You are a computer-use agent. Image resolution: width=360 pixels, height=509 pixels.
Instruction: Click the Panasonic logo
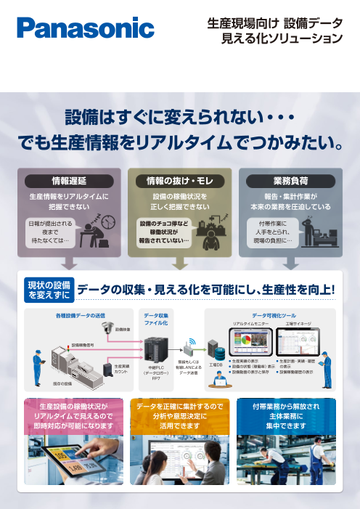click(86, 29)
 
